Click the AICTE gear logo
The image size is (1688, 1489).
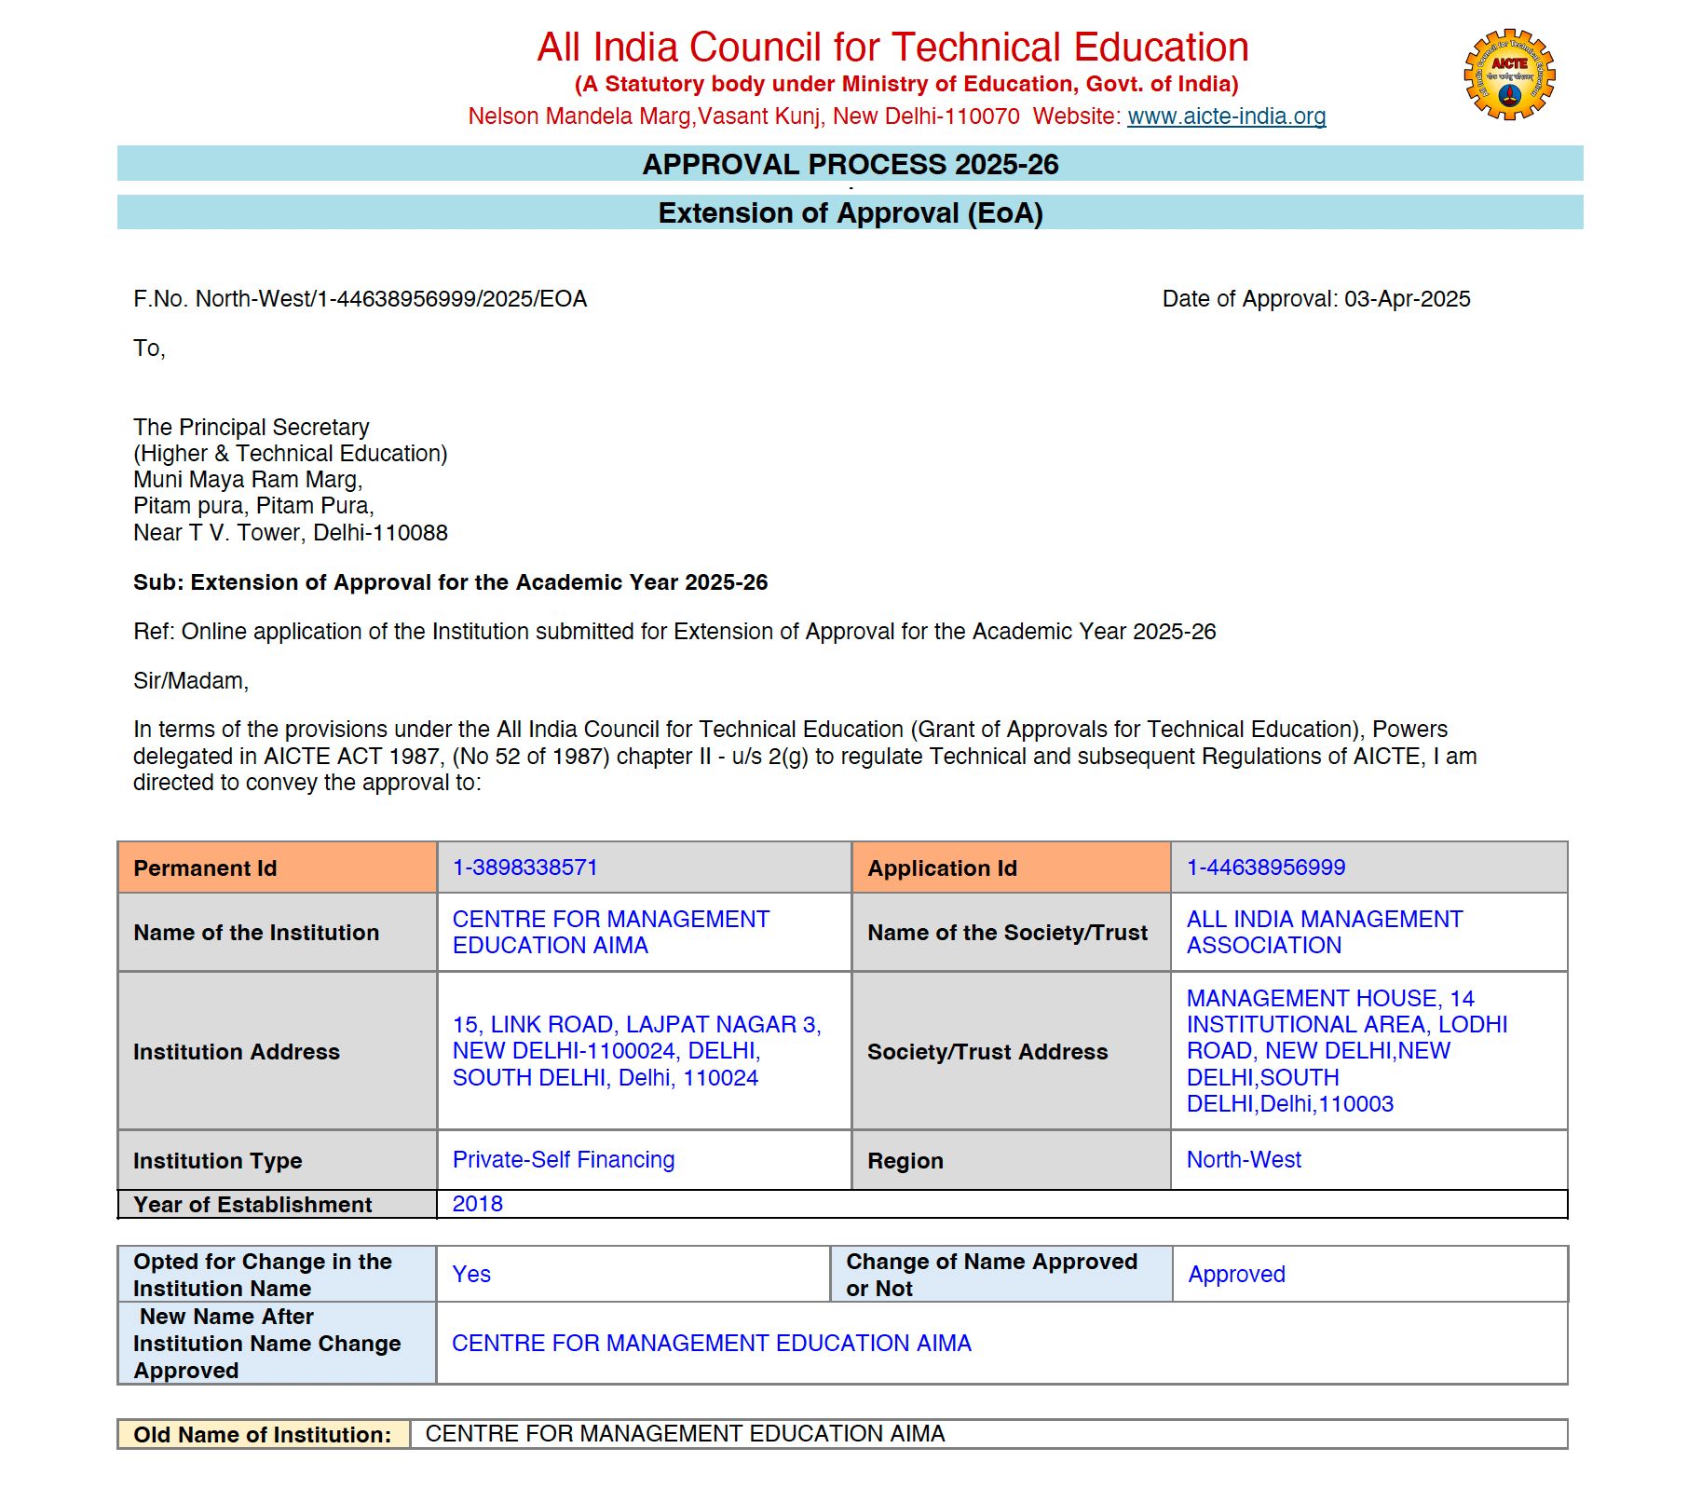point(1509,75)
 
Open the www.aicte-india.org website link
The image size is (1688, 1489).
point(1226,116)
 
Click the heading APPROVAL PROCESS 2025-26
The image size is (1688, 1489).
point(850,164)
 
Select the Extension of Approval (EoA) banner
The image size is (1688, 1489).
point(850,213)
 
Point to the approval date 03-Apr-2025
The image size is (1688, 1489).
point(1407,299)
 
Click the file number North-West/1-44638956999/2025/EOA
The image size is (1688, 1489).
point(391,299)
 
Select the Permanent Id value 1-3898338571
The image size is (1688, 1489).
point(524,867)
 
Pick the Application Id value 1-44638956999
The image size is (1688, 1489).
point(1265,867)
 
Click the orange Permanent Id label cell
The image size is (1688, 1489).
point(278,868)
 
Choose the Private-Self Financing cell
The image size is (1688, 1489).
point(563,1160)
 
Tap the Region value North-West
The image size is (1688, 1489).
point(1244,1160)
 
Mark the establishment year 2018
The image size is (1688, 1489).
point(477,1204)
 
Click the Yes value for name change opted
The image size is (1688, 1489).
point(471,1275)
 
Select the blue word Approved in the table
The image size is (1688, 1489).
point(1236,1275)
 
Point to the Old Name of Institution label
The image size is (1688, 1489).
point(263,1435)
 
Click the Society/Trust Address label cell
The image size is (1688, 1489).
point(987,1052)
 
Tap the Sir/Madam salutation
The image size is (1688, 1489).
point(191,681)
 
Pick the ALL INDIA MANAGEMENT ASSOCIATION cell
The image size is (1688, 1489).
point(1324,933)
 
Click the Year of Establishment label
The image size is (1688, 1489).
point(252,1205)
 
